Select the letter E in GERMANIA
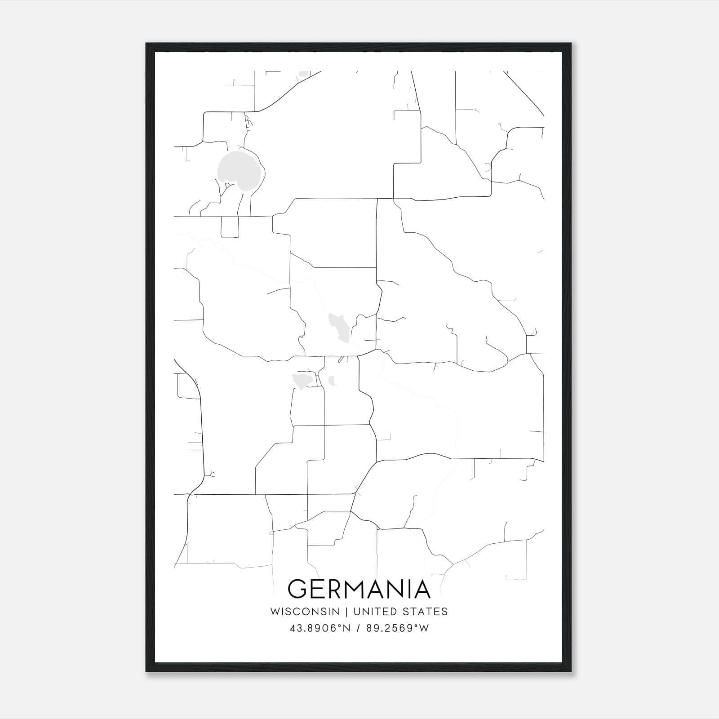pyautogui.click(x=319, y=589)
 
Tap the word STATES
pyautogui.click(x=425, y=612)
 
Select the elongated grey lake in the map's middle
pyautogui.click(x=339, y=327)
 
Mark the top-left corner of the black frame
pyautogui.click(x=146, y=44)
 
